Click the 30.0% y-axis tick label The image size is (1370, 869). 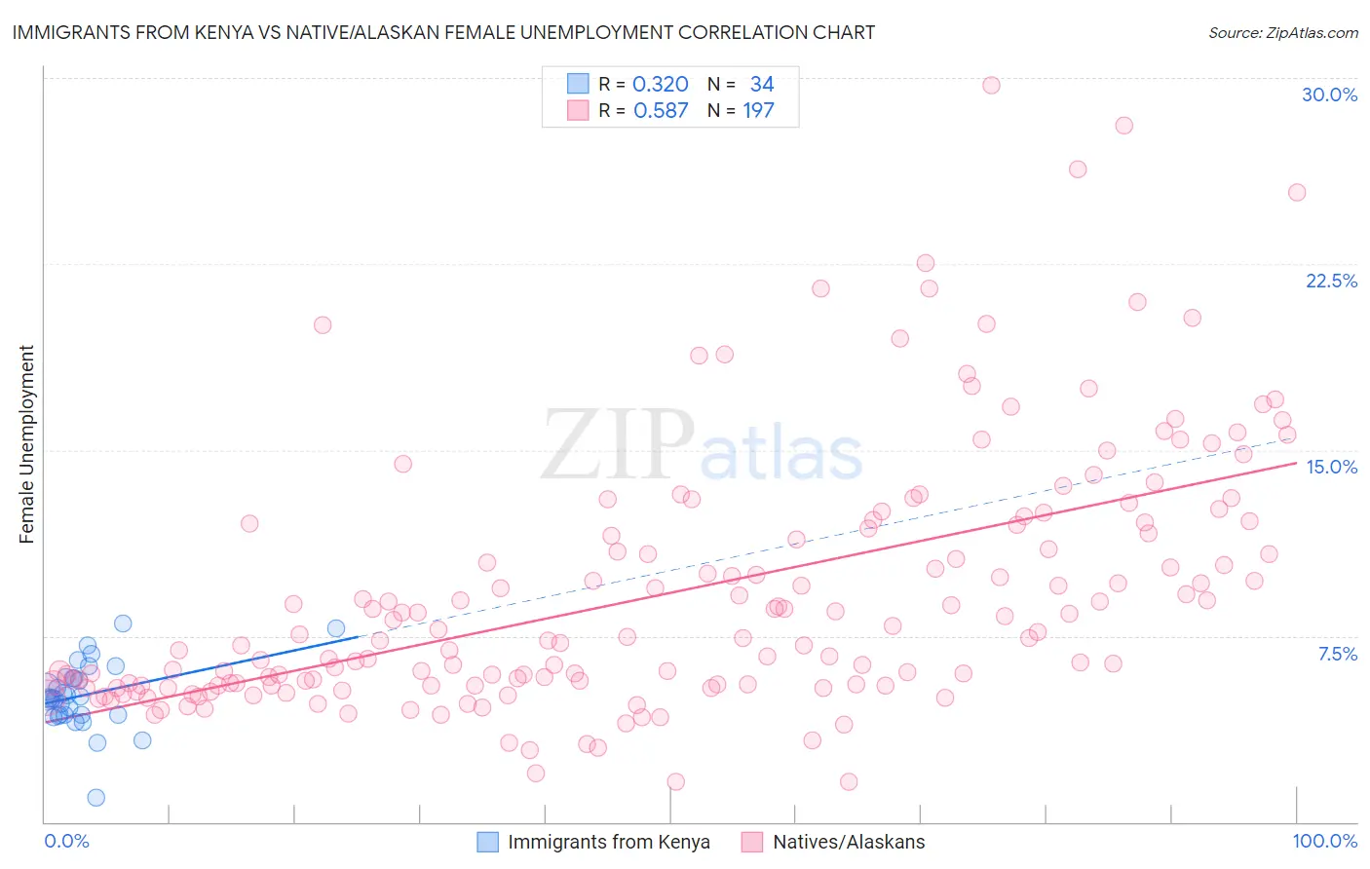(x=1329, y=94)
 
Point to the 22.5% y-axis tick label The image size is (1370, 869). (x=1331, y=281)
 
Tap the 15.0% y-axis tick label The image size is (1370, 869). (x=1331, y=467)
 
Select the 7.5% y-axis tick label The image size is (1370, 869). (x=1337, y=654)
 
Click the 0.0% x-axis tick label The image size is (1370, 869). (x=66, y=841)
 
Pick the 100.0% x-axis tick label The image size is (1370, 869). (x=1324, y=841)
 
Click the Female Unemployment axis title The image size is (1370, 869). (x=26, y=444)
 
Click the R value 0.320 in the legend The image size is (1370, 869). (x=660, y=85)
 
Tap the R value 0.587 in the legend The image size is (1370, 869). (x=660, y=111)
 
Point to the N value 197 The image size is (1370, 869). (x=758, y=111)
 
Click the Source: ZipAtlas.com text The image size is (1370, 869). (x=1282, y=32)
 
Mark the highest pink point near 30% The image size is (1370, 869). (x=991, y=85)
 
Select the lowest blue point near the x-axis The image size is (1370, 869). (x=95, y=798)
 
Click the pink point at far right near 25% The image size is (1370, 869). (x=1297, y=192)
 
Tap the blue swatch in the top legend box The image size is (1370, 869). (x=578, y=84)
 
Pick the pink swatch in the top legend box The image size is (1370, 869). (x=578, y=110)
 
